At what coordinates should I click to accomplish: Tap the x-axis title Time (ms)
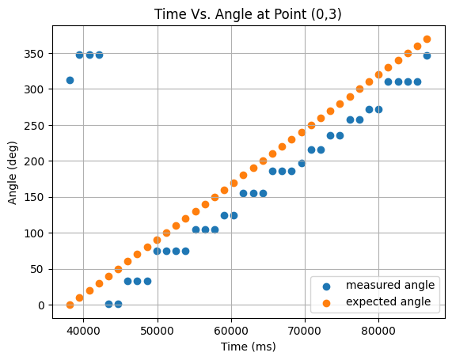(x=249, y=347)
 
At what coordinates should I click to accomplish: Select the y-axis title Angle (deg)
(x=13, y=173)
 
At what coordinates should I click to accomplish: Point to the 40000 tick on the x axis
(x=83, y=331)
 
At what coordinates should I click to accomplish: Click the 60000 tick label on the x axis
(x=231, y=331)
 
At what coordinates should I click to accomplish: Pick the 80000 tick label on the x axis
(x=378, y=331)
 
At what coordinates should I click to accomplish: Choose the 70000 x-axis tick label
(x=305, y=331)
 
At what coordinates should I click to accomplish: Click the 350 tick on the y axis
(x=34, y=54)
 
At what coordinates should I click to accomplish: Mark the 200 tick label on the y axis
(x=34, y=161)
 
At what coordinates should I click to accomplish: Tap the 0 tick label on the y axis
(x=41, y=305)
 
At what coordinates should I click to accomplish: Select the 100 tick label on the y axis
(x=34, y=233)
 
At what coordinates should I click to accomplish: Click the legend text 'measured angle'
(x=390, y=285)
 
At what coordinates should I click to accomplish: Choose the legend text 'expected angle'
(x=389, y=301)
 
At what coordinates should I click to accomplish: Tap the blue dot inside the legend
(x=326, y=286)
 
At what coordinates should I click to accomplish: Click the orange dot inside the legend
(x=326, y=303)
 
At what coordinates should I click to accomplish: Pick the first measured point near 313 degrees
(x=70, y=80)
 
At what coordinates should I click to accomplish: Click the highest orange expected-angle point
(x=427, y=40)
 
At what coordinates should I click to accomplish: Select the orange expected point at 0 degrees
(x=70, y=305)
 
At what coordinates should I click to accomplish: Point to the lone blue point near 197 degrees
(x=302, y=164)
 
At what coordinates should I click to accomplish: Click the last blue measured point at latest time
(x=427, y=55)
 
